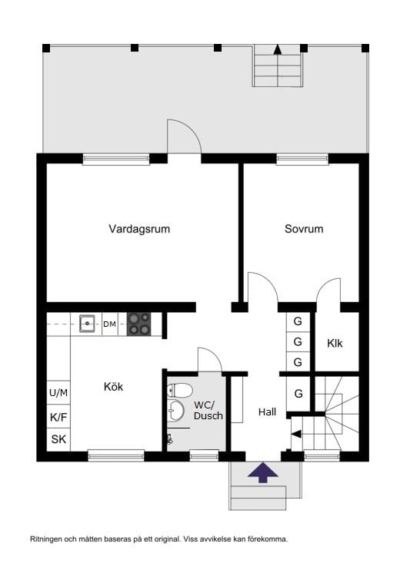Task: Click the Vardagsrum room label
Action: [139, 229]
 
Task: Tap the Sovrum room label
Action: [304, 229]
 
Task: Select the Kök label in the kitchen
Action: [113, 386]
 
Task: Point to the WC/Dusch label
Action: [208, 410]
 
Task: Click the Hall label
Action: [267, 412]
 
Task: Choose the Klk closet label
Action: [335, 343]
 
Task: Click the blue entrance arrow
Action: [263, 472]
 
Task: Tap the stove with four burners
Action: [138, 324]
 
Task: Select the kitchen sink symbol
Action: [87, 324]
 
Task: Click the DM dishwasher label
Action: [110, 324]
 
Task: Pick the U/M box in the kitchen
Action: [58, 393]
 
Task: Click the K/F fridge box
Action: [58, 417]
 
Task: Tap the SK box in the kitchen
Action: [58, 440]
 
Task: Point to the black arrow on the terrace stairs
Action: [278, 49]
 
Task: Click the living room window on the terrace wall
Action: [116, 160]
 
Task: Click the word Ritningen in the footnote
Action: [47, 539]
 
